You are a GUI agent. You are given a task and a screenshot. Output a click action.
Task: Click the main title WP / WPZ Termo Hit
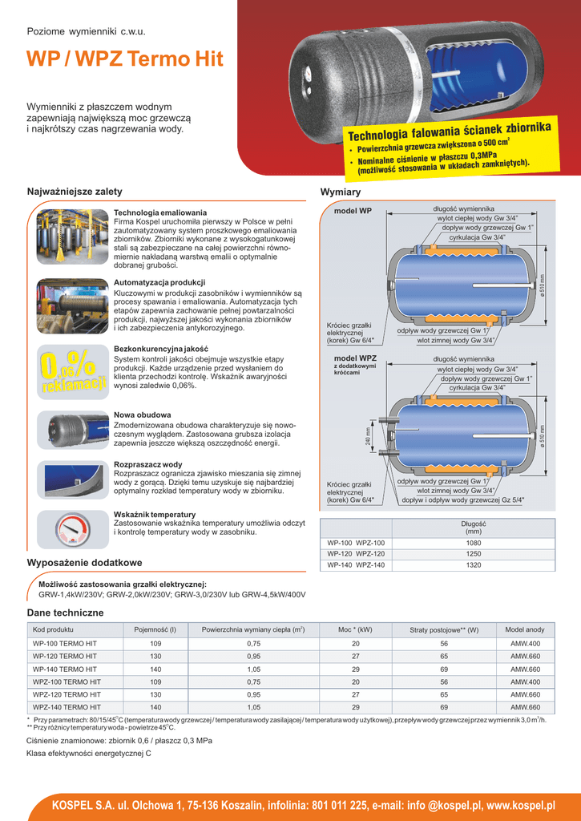tap(125, 60)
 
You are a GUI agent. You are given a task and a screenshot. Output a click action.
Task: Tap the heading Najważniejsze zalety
tap(75, 192)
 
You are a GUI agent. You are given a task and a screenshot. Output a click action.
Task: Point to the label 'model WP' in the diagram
tap(353, 211)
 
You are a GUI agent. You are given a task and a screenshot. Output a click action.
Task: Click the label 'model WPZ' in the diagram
tap(355, 358)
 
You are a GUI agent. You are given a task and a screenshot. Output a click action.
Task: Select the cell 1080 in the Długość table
tap(474, 543)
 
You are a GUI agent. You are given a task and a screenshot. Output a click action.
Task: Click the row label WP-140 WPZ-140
tap(357, 565)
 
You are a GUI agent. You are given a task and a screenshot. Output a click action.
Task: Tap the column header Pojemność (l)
tap(155, 630)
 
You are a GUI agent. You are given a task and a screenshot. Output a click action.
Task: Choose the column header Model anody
tap(525, 630)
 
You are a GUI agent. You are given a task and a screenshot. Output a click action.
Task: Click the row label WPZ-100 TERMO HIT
tap(67, 681)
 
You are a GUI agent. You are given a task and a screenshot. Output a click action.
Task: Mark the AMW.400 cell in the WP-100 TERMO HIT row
tap(525, 644)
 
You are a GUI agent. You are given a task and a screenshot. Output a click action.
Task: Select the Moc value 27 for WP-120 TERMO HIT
tap(356, 656)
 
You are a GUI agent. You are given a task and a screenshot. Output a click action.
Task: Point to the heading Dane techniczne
tap(66, 613)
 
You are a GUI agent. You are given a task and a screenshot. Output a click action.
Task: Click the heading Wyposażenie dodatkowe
tap(85, 563)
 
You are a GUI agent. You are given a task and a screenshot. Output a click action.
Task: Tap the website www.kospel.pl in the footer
tap(522, 805)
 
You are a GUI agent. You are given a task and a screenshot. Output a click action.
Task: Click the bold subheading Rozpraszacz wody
tap(148, 464)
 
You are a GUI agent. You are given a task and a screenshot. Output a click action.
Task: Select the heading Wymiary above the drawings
tap(341, 192)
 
